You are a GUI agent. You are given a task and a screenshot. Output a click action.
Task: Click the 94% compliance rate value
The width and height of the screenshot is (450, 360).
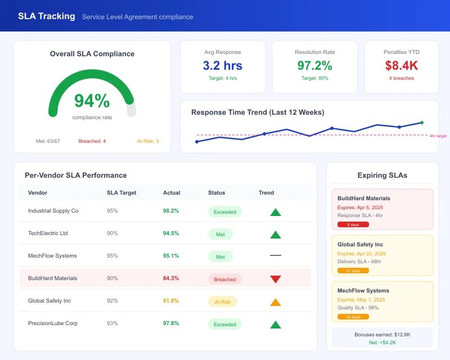coord(92,101)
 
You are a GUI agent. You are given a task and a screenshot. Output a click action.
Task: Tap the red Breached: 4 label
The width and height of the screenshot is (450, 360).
coord(92,141)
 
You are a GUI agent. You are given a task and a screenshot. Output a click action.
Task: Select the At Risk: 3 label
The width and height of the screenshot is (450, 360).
coord(148,141)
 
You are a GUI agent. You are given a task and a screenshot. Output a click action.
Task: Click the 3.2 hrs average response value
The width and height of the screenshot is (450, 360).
coord(223,66)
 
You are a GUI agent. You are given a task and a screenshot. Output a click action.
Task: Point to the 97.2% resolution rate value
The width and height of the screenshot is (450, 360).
coord(314,66)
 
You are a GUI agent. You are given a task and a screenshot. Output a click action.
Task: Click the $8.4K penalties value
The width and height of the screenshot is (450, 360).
coord(402,66)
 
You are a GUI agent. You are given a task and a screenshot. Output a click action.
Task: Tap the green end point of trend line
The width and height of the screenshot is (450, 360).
coord(422,122)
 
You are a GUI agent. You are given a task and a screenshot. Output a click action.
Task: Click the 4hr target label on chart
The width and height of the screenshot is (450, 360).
coord(438,136)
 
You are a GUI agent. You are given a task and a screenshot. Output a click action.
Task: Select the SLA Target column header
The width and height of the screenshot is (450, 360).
coord(121,192)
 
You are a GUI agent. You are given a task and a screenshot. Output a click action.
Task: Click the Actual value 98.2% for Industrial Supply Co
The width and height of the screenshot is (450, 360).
coord(171,211)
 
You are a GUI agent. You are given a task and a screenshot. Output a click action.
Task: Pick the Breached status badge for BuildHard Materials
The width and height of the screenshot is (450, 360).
coord(225,279)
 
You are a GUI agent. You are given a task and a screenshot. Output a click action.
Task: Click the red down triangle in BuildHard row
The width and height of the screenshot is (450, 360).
coord(275,279)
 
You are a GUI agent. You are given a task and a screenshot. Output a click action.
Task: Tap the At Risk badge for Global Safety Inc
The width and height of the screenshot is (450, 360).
coord(223,301)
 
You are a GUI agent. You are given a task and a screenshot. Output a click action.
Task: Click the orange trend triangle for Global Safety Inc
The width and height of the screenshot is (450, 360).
coord(275,302)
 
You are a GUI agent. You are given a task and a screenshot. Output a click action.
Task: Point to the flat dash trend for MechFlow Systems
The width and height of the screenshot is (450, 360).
coord(275,256)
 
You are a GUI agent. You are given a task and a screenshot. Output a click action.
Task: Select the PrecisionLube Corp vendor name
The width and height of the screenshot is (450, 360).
coord(53,323)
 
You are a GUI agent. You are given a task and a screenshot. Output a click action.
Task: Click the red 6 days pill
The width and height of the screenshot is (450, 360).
coord(353,224)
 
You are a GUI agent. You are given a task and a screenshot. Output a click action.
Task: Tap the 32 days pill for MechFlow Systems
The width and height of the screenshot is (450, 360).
coord(353,317)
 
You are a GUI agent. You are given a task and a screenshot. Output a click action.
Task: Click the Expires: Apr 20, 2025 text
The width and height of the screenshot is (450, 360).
coord(362,254)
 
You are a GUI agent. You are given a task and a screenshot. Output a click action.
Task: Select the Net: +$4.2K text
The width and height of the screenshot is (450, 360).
coord(382,342)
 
